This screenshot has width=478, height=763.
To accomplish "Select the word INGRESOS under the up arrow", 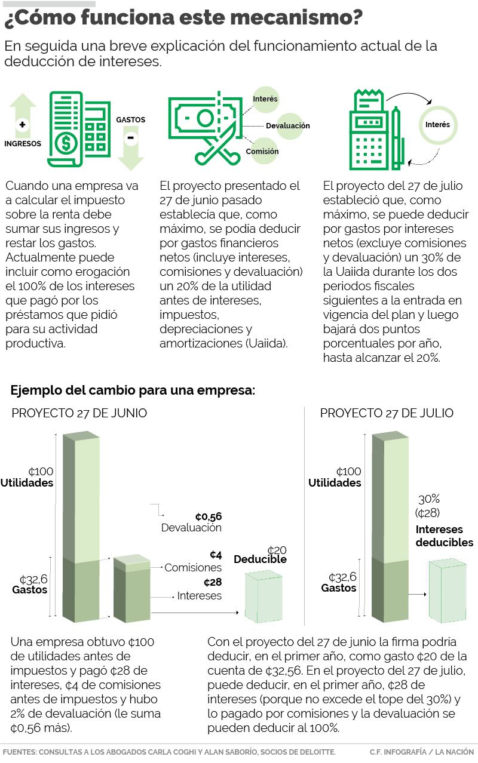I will pyautogui.click(x=23, y=143).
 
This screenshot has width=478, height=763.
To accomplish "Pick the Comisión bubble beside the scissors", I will pyautogui.click(x=262, y=151).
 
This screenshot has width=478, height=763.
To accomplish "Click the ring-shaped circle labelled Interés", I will pyautogui.click(x=437, y=125).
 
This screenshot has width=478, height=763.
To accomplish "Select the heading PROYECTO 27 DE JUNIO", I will pyautogui.click(x=79, y=413).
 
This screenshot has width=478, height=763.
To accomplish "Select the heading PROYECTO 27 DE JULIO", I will pyautogui.click(x=387, y=413).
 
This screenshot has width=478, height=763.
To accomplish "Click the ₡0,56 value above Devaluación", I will pyautogui.click(x=208, y=516).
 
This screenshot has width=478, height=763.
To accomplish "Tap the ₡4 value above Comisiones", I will pyautogui.click(x=216, y=555).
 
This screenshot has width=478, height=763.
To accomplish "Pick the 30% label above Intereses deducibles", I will pyautogui.click(x=428, y=499).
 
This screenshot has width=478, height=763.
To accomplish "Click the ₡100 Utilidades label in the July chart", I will pyautogui.click(x=335, y=477).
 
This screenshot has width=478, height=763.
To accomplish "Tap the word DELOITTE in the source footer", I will pyautogui.click(x=315, y=752).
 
